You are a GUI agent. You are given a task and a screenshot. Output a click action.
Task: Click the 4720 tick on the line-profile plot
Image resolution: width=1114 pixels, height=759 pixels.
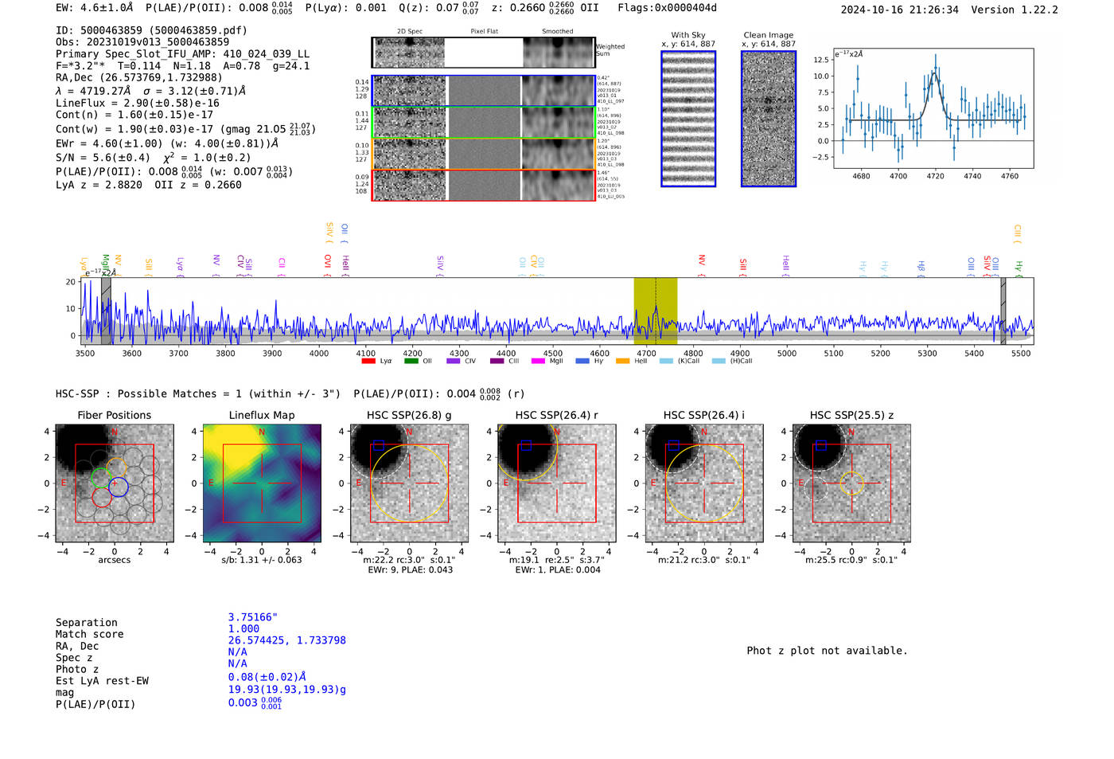pyautogui.click(x=935, y=176)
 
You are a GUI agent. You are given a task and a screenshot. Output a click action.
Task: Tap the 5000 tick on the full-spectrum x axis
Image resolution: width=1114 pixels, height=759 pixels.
pyautogui.click(x=786, y=354)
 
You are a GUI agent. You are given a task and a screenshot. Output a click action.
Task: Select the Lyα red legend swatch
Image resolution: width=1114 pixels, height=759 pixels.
pyautogui.click(x=368, y=361)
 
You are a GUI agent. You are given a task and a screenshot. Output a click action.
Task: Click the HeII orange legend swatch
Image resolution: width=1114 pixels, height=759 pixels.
pyautogui.click(x=622, y=361)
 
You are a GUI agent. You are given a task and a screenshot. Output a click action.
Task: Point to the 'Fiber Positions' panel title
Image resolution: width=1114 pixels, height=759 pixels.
pyautogui.click(x=114, y=415)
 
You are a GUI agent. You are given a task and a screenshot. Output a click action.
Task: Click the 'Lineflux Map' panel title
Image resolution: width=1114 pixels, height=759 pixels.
pyautogui.click(x=262, y=415)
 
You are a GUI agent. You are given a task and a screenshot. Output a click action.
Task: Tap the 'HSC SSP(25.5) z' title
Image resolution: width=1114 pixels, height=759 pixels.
pyautogui.click(x=851, y=415)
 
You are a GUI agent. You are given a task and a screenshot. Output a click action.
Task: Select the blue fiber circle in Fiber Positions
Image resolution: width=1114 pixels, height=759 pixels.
pyautogui.click(x=119, y=486)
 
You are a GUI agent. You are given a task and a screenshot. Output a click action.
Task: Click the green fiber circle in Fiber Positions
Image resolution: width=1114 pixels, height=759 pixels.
pyautogui.click(x=100, y=478)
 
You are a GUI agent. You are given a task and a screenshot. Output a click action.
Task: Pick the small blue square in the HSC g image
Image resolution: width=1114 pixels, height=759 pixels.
pyautogui.click(x=379, y=445)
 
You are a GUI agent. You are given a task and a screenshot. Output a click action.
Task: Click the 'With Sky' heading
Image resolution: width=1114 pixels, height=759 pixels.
pyautogui.click(x=688, y=35)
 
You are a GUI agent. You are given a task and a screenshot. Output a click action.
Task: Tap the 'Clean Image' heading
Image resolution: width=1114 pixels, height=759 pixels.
pyautogui.click(x=768, y=35)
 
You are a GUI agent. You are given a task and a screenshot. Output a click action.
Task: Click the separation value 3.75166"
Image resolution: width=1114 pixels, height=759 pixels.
pyautogui.click(x=252, y=617)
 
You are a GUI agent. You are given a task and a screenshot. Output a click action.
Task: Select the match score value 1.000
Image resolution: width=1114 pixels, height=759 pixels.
pyautogui.click(x=243, y=628)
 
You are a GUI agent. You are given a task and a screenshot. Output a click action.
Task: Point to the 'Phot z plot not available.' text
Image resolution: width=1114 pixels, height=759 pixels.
pyautogui.click(x=827, y=651)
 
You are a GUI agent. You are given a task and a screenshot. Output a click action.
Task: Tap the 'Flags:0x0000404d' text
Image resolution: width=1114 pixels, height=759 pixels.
pyautogui.click(x=667, y=8)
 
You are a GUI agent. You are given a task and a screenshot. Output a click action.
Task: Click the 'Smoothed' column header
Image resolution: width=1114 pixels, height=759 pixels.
pyautogui.click(x=557, y=32)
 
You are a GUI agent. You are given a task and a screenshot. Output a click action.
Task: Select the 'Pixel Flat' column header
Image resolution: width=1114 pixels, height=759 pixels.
pyautogui.click(x=484, y=32)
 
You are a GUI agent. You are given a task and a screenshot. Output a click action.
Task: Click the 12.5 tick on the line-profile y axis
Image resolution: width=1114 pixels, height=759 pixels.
pyautogui.click(x=821, y=60)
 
